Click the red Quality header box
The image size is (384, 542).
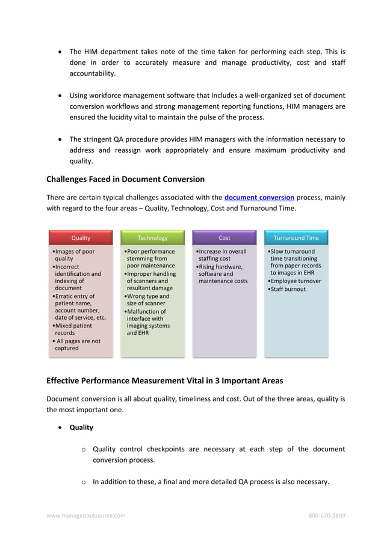coord(81,238)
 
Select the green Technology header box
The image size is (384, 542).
coord(152,238)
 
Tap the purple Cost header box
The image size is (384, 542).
coord(224,238)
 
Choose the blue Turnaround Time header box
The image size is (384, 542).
coord(296,238)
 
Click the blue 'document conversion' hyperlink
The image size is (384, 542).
coord(259,197)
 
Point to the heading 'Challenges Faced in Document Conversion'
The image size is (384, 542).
coord(125,179)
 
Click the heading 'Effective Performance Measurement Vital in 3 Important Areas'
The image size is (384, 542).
coord(164,380)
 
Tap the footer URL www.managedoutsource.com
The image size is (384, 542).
coord(86,516)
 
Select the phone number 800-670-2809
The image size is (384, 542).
coord(326,516)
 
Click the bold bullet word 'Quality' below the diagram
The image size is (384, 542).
coord(81,427)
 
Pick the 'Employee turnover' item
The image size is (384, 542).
coord(296,281)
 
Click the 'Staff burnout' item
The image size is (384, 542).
coord(288,289)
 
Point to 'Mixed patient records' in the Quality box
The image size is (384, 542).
coord(73,329)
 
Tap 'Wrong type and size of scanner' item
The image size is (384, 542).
coord(147,300)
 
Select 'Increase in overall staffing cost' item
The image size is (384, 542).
coord(222,255)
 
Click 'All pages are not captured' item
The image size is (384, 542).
coord(77,344)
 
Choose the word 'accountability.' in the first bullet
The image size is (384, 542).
coord(92,73)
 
